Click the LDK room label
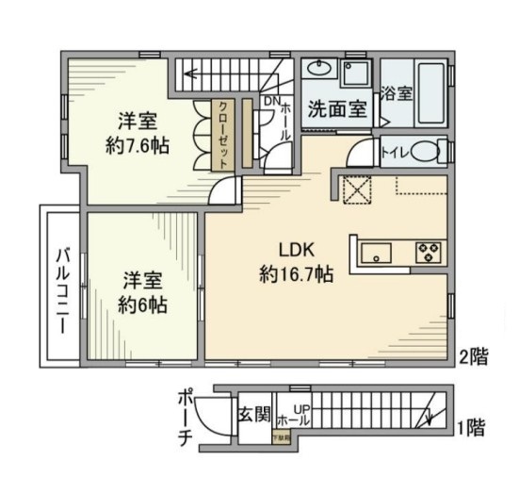pos(295,250)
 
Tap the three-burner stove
pos(429,252)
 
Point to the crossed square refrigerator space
pos(358,189)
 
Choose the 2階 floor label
pos(473,356)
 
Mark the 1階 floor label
pos(473,429)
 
